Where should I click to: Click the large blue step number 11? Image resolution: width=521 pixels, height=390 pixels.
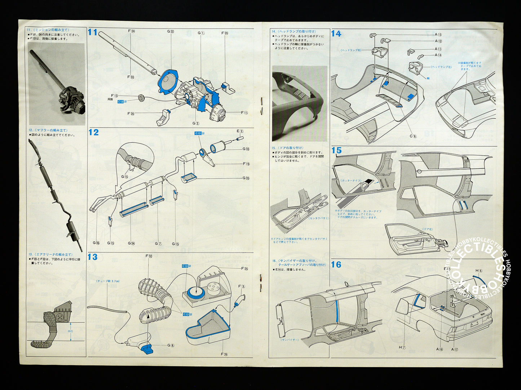93,32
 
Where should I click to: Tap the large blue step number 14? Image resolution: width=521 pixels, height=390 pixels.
336,33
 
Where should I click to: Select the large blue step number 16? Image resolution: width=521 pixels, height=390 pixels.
336,265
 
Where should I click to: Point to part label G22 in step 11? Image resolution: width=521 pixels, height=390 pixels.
171,32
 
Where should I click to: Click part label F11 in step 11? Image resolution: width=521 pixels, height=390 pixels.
244,113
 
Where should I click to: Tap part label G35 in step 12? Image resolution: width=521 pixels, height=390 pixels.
246,178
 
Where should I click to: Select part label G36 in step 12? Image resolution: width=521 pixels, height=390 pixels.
96,243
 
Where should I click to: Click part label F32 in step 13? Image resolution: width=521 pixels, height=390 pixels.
149,256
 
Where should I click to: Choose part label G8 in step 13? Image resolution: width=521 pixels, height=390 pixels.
171,345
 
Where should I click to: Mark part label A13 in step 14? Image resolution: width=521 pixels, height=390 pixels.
438,35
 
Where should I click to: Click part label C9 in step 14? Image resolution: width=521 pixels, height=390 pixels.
413,136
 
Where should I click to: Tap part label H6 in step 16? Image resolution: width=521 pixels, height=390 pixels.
478,271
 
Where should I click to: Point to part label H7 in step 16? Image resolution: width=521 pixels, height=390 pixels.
402,347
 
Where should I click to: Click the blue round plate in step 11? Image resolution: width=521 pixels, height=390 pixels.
168,82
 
